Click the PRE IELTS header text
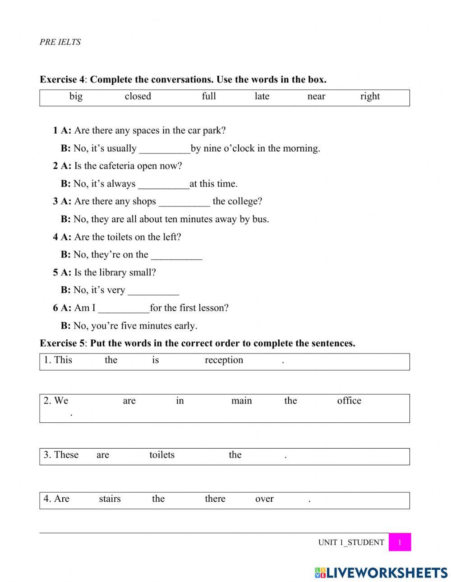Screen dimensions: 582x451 pos(60,42)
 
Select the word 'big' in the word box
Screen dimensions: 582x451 pos(76,96)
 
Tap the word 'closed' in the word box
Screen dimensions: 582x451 pos(138,96)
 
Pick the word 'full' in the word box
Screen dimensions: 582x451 pos(209,96)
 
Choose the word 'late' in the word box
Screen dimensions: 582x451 pos(262,96)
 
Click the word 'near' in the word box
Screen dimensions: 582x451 pos(316,96)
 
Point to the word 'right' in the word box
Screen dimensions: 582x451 pos(370,96)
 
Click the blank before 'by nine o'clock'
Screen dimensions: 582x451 pos(165,149)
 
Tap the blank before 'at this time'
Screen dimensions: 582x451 pos(163,184)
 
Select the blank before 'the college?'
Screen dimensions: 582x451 pos(184,202)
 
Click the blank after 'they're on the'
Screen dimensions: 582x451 pos(176,256)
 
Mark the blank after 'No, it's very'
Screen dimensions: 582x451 pos(153,291)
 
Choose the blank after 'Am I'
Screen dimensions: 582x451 pos(124,309)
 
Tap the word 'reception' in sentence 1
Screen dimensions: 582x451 pos(224,360)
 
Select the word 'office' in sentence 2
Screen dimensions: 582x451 pos(349,401)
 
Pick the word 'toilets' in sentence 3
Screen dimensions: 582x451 pos(162,455)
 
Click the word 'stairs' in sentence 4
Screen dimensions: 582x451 pos(110,499)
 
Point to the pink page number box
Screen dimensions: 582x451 pos(399,542)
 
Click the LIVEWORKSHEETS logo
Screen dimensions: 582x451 pos(381,573)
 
